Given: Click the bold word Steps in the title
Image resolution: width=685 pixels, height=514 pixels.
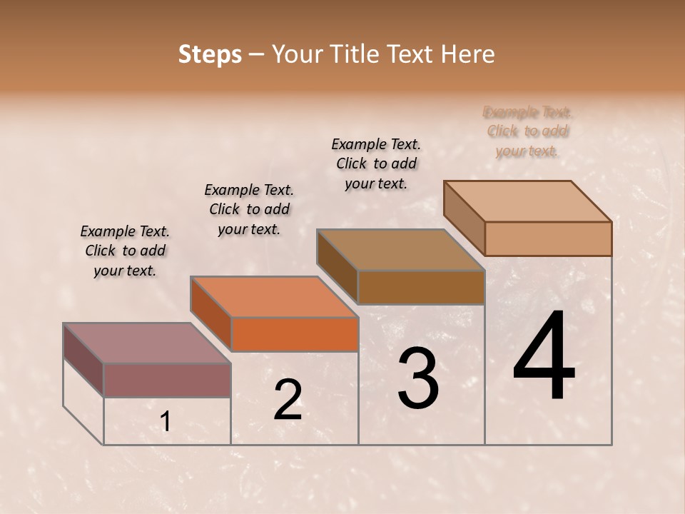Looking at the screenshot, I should pos(210,54).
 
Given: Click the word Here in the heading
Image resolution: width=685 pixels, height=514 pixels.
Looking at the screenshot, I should pos(468,54).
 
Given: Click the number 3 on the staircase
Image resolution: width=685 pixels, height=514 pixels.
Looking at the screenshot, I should pos(417,378).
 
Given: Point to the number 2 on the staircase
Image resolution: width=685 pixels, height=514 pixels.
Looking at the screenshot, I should pos(288,400).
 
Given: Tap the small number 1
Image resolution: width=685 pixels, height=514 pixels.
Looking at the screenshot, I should pos(166,422).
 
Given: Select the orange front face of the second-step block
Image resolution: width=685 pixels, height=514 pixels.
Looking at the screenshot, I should pos(295,334).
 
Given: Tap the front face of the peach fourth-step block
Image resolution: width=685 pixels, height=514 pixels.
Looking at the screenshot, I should pos(548,238).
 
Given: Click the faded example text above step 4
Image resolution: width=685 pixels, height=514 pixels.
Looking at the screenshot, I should pos(527,131).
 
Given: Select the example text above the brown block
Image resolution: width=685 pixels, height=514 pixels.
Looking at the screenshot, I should pos(376,163).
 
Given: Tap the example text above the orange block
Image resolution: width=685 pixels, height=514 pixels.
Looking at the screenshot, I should pos(249,209).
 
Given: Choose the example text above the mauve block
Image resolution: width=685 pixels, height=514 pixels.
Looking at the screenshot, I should pos(125,251).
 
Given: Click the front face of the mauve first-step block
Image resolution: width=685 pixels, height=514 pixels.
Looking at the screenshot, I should pos(167,380).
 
